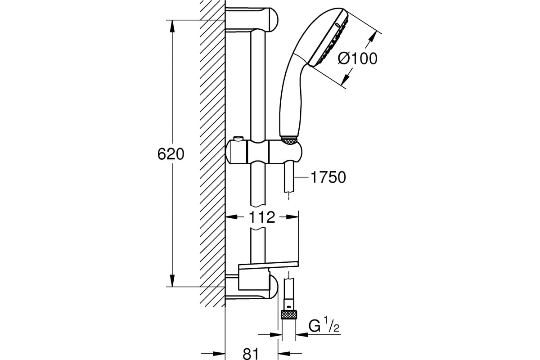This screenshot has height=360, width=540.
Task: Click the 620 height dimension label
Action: tap(171, 154)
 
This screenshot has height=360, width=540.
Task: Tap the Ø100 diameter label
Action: tap(357, 58)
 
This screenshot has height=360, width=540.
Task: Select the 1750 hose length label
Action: tap(328, 177)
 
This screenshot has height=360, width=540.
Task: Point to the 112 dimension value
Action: tap(262, 217)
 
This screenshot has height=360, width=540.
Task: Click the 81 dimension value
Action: tap(251, 354)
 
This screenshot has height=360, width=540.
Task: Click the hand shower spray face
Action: tap(329, 39)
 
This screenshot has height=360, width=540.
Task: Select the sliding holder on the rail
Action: tap(264, 152)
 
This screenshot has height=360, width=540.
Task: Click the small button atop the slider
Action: tap(238, 139)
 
